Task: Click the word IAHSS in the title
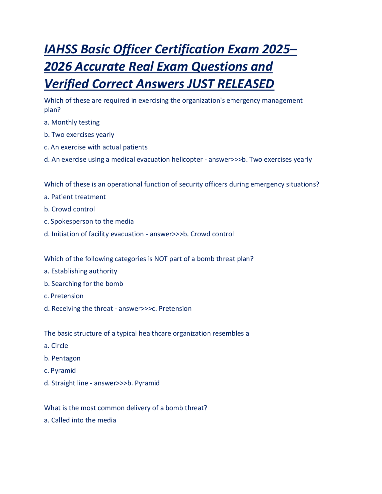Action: (61, 49)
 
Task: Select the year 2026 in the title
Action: (58, 67)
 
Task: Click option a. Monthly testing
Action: (72, 122)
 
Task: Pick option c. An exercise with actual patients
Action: (96, 147)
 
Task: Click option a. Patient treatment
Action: (75, 197)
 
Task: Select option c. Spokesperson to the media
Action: (89, 221)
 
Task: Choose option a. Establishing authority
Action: (81, 271)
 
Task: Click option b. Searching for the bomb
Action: (84, 284)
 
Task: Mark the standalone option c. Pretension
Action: (64, 296)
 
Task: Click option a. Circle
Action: (56, 346)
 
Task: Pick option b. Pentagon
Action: (62, 358)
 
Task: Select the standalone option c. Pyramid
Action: (60, 370)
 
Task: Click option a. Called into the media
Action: (80, 420)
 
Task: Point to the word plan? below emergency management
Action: (52, 110)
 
